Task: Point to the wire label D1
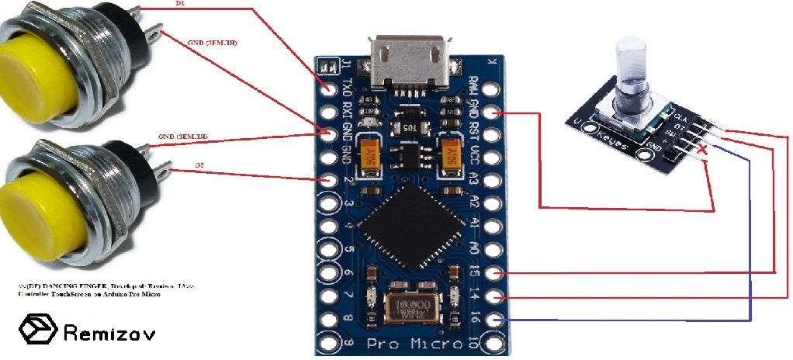180,4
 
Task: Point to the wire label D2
199,165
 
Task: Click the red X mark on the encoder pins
703,149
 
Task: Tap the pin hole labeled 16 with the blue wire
497,320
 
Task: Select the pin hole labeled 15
497,273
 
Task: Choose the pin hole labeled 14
497,297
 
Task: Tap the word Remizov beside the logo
109,333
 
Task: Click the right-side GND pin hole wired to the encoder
497,114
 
